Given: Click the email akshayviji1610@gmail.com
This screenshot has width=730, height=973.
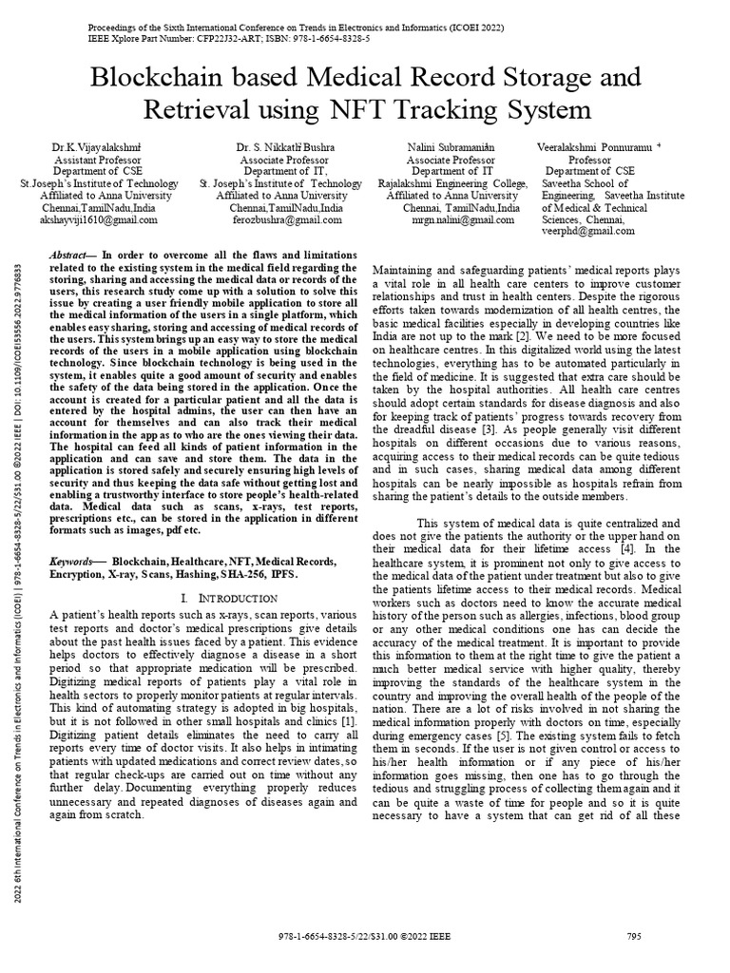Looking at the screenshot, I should (104, 219).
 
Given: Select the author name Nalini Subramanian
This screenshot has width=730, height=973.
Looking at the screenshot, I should (446, 149).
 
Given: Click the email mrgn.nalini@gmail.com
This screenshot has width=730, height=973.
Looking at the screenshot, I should (446, 219).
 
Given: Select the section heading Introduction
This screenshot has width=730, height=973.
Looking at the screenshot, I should (232, 598).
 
